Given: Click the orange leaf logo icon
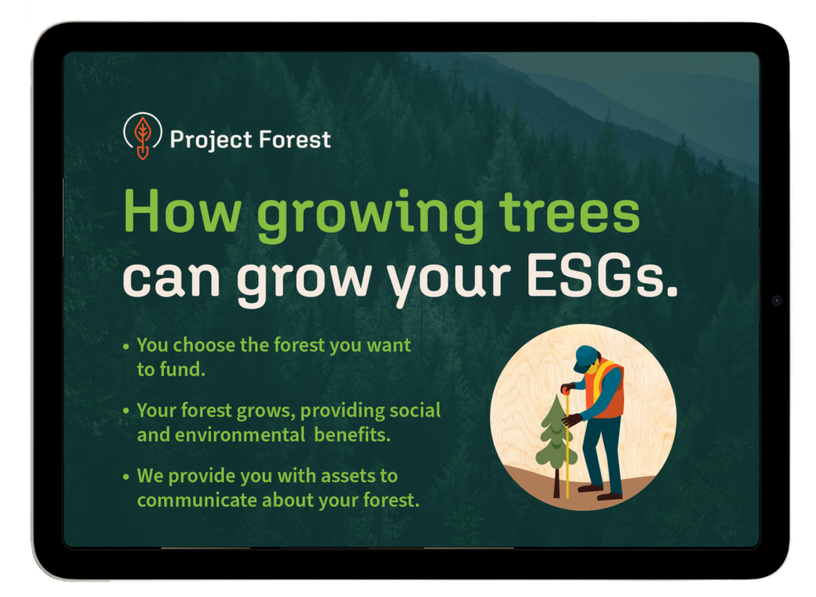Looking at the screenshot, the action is point(143,137).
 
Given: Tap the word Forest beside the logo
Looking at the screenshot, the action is point(295,139).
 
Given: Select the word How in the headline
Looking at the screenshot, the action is point(182,210).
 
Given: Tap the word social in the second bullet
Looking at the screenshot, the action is point(414,410).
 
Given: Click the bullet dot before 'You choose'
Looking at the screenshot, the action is point(126,346).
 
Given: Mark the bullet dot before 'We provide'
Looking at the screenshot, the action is point(126,477).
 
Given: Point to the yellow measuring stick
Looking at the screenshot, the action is point(567,442).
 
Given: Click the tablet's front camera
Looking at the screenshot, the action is point(776,300).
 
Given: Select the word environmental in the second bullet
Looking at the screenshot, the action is point(239,434).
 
